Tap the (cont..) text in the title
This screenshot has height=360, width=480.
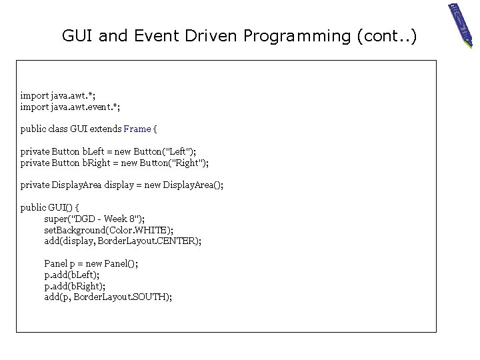[x=387, y=35]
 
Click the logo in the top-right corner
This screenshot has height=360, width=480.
[x=460, y=25]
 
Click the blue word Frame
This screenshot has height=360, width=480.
[x=137, y=129]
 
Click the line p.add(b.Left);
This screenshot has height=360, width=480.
[x=72, y=274]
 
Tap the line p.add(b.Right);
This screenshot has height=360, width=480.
[x=74, y=285]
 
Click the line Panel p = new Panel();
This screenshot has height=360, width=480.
[x=91, y=263]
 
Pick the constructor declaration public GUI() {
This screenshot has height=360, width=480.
[x=50, y=207]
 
